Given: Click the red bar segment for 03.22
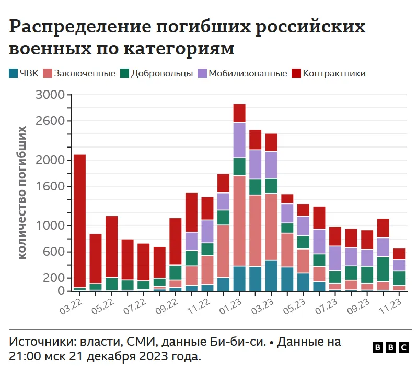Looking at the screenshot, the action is pyautogui.click(x=79, y=221).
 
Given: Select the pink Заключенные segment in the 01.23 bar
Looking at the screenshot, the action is pyautogui.click(x=239, y=221).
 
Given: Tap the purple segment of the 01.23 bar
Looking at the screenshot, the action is pyautogui.click(x=239, y=140).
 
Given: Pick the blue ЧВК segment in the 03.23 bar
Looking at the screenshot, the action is pyautogui.click(x=271, y=276).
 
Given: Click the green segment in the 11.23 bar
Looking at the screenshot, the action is pyautogui.click(x=399, y=278).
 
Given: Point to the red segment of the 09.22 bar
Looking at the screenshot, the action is pyautogui.click(x=176, y=242).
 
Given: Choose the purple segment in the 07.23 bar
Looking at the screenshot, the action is pyautogui.click(x=335, y=258).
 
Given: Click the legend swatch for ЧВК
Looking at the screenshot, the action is pyautogui.click(x=13, y=73).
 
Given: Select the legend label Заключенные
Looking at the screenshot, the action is pyautogui.click(x=85, y=73).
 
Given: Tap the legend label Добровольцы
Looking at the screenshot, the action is pyautogui.click(x=161, y=73).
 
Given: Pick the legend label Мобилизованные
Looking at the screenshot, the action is pyautogui.click(x=248, y=73).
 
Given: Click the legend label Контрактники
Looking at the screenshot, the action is pyautogui.click(x=334, y=73).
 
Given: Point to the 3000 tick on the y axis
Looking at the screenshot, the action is pyautogui.click(x=69, y=95).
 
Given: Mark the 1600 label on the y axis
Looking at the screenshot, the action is pyautogui.click(x=50, y=186).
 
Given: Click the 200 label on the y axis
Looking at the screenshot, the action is pyautogui.click(x=54, y=278).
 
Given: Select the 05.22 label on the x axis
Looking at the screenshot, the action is pyautogui.click(x=103, y=307).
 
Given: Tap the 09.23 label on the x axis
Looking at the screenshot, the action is pyautogui.click(x=358, y=307).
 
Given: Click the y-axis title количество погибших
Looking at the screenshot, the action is pyautogui.click(x=22, y=192).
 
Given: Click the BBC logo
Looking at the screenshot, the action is pyautogui.click(x=391, y=348).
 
